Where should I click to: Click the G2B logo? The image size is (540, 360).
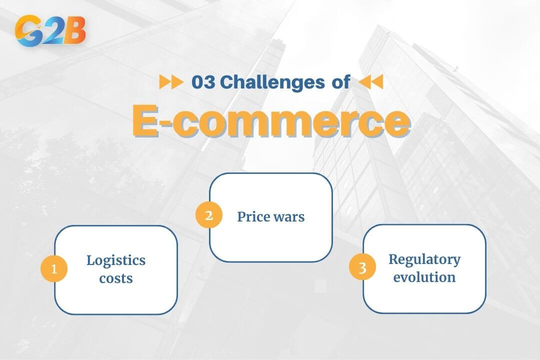pos(50,31)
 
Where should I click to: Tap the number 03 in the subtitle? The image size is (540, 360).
pos(203,82)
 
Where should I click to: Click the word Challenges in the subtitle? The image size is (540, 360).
pos(272,82)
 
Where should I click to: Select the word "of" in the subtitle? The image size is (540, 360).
pos(340,82)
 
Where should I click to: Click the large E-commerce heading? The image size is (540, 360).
pos(270,121)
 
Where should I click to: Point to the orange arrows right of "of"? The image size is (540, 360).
pos(371,82)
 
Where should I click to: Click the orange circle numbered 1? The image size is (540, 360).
pos(54,269)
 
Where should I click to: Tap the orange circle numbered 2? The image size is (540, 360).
pos(208,215)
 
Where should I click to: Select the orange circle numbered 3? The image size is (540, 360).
pos(362,268)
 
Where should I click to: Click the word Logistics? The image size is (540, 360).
pos(116,260)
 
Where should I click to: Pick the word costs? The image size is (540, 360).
pos(116,278)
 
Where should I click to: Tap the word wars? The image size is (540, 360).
pos(289,217)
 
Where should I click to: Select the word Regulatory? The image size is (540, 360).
pos(424,259)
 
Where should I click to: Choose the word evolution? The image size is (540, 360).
pos(424,277)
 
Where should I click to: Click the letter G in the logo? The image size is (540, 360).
pos(28,31)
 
